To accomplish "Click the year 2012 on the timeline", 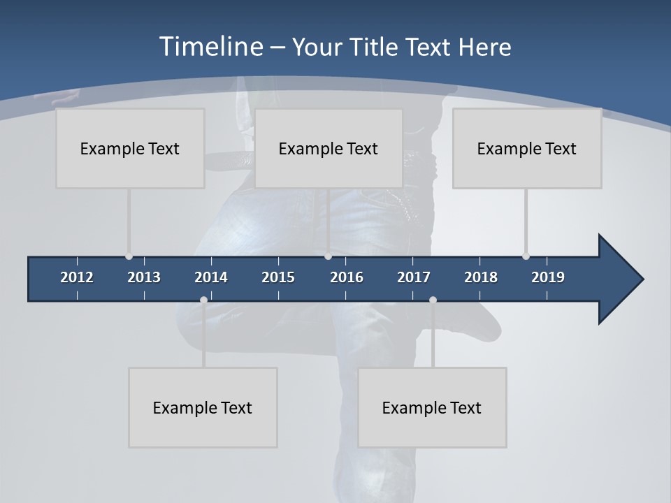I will coord(77,277).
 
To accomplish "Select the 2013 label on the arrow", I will coord(144,277).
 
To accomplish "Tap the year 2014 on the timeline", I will coord(211,277).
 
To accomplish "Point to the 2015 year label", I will coord(278,277).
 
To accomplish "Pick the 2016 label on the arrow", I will coord(347,277).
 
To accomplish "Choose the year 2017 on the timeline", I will coord(414,277).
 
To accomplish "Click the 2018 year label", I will coord(481,277).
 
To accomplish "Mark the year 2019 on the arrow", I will coord(548,277).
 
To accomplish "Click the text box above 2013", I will coord(130,148).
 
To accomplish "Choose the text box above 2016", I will coord(329,148).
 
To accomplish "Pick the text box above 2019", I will coord(527,148).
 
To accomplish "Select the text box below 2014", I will coord(203,407).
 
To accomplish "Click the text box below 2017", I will coord(432,407).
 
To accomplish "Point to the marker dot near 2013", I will coord(129,256).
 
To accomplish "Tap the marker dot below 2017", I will coord(433,300).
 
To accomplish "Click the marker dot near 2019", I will coord(526,256).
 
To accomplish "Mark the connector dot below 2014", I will coord(203,300).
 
